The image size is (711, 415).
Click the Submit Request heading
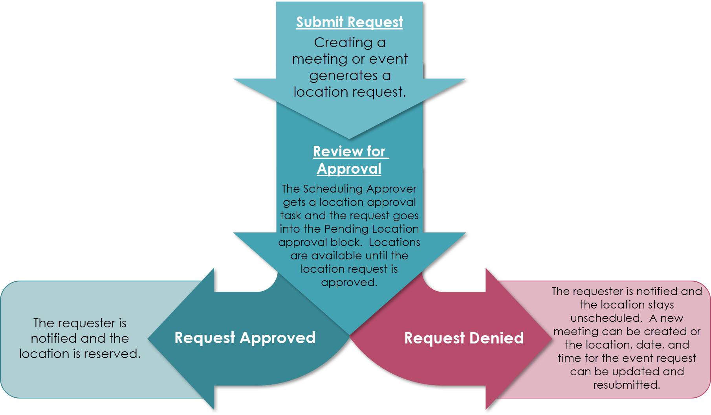[349, 22]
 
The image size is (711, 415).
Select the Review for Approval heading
[349, 160]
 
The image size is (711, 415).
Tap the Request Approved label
[245, 338]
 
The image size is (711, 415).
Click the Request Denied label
[464, 338]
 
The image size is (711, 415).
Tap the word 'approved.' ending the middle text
[349, 283]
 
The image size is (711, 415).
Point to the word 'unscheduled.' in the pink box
[606, 318]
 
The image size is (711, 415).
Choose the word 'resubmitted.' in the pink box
[627, 385]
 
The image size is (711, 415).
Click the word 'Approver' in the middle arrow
[391, 189]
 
